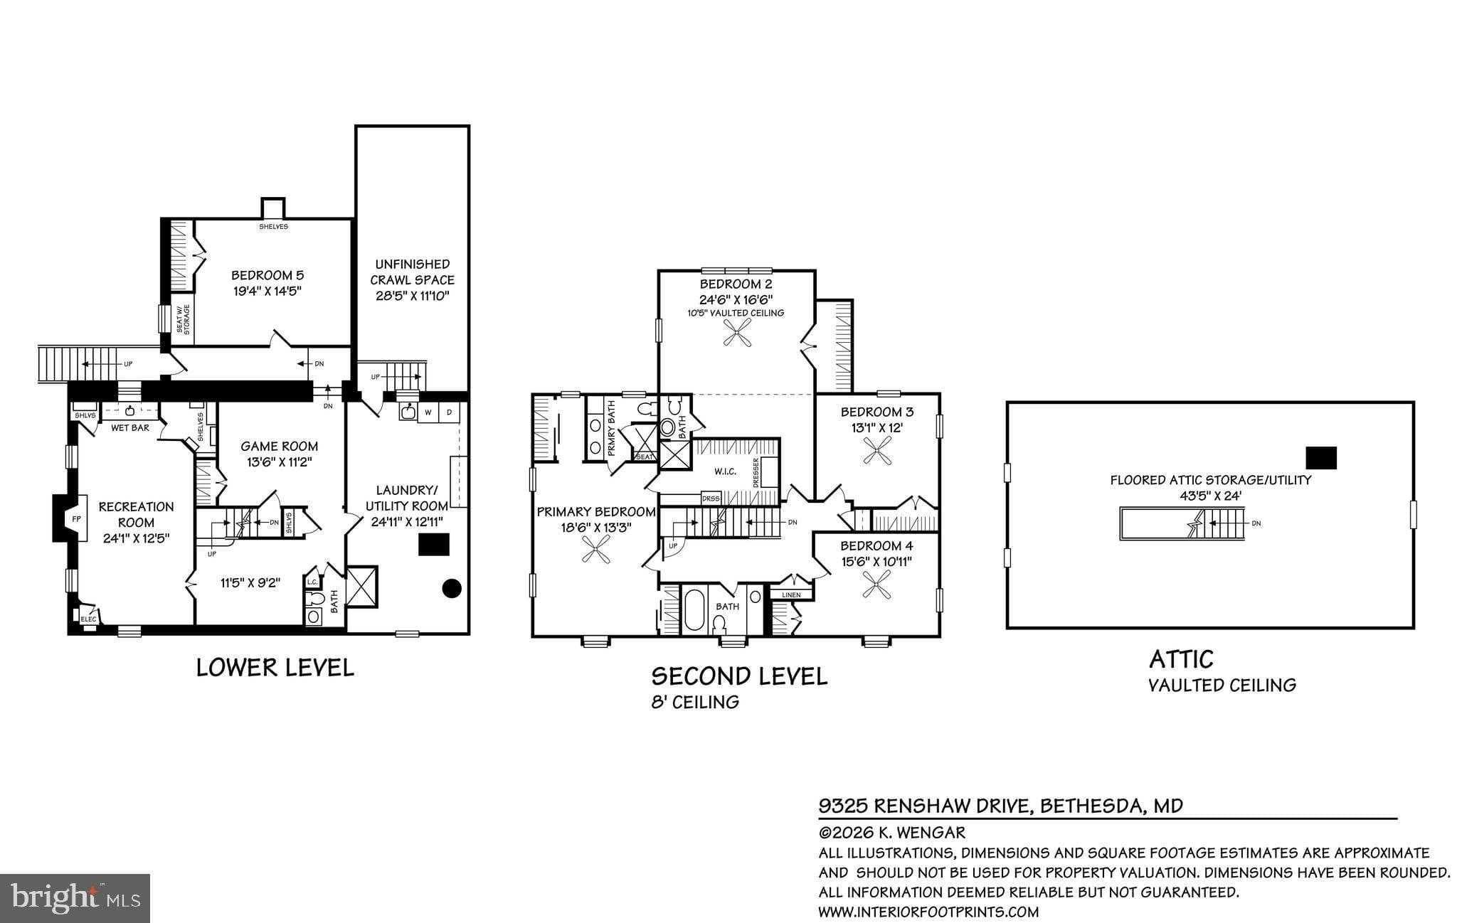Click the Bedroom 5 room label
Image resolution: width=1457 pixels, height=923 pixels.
(x=267, y=275)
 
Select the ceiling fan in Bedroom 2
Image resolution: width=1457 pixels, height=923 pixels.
(x=737, y=332)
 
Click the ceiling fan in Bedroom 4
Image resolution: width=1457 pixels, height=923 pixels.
(x=876, y=584)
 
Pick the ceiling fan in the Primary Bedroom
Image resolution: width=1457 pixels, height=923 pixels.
(x=596, y=550)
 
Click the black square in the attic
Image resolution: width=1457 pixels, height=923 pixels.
(x=1320, y=457)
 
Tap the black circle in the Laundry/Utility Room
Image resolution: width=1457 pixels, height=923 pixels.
(x=452, y=588)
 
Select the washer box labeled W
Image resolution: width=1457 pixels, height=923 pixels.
(x=428, y=412)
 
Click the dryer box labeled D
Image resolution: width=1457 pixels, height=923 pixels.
(x=449, y=412)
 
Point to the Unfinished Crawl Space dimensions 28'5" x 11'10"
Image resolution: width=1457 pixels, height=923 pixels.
(x=412, y=296)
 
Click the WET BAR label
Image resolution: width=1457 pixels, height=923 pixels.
(x=130, y=428)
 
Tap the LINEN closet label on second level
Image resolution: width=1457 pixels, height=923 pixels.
(x=791, y=595)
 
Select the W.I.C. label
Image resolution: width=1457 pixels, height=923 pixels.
(x=725, y=471)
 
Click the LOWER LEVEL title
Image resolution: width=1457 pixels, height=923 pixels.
(x=275, y=668)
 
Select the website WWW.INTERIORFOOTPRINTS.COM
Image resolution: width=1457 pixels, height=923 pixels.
(x=928, y=912)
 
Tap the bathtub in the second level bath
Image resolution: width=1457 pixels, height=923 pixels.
(x=692, y=609)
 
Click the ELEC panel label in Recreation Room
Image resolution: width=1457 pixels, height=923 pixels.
(x=88, y=619)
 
